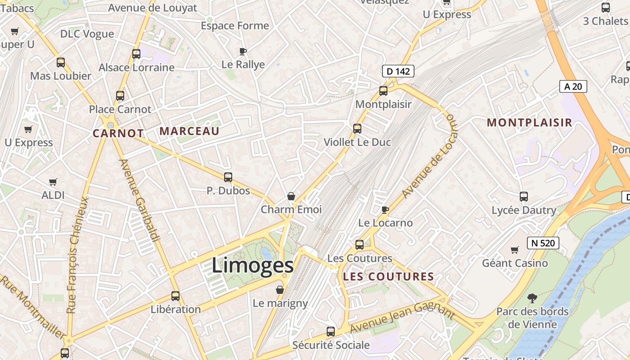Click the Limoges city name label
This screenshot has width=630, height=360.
(252, 265)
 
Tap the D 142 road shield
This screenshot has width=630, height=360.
(398, 71)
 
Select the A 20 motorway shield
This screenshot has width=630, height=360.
(573, 86)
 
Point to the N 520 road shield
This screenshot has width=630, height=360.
(543, 243)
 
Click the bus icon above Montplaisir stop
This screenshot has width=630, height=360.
(383, 91)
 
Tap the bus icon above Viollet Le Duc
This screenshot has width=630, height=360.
(357, 129)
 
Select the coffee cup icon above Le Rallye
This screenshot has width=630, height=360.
(243, 51)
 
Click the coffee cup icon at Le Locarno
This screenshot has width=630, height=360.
(385, 209)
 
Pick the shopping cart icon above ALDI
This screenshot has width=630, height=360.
(53, 182)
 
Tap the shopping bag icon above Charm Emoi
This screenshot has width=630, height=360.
(291, 196)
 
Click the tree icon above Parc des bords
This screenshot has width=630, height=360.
(532, 298)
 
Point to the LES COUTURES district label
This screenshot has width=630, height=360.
(388, 277)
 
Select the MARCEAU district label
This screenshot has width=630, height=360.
(189, 131)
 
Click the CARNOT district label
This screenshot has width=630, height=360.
(118, 133)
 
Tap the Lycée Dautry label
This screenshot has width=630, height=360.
(524, 210)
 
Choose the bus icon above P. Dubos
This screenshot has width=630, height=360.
(228, 177)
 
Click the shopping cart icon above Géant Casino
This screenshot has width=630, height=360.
(515, 250)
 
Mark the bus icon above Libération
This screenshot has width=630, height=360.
(175, 296)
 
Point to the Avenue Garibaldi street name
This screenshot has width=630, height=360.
(140, 200)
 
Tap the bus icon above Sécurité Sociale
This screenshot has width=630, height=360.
(331, 332)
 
